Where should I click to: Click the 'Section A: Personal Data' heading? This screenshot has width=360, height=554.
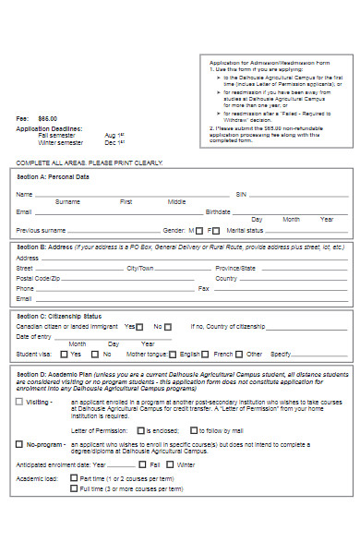(53, 175)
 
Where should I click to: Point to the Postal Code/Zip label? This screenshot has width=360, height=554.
(38, 278)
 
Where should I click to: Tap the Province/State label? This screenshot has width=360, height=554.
(234, 268)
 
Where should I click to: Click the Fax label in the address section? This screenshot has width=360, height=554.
(204, 288)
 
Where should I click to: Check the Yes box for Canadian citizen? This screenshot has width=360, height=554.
(140, 326)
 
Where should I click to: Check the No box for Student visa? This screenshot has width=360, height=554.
(95, 354)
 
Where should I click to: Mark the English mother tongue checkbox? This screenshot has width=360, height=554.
(174, 354)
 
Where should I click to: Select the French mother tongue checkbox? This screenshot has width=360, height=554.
(208, 354)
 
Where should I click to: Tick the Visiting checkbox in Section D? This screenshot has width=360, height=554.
(19, 403)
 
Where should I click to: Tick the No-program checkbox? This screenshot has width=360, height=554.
(19, 444)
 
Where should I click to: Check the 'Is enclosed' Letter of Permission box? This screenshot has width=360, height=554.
(139, 430)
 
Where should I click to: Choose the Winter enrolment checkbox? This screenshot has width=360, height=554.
(170, 464)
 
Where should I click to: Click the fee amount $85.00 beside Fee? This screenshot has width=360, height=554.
(47, 118)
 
